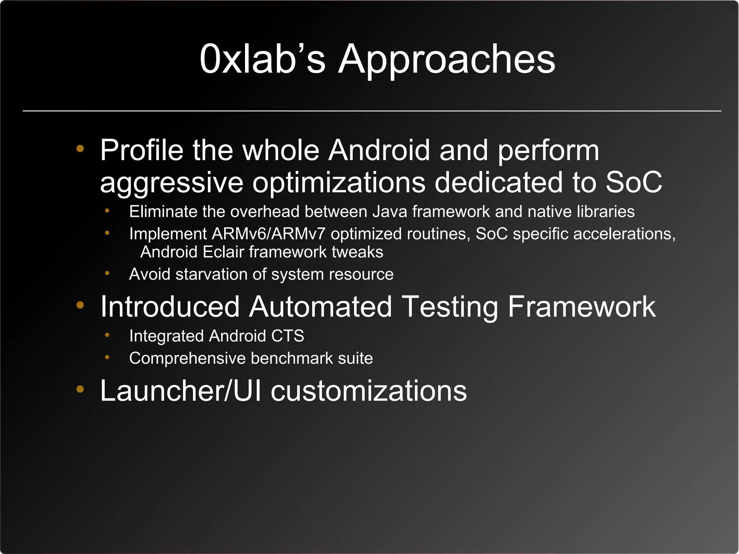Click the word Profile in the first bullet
pos(141,150)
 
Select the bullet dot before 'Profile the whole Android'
pos(80,148)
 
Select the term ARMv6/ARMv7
pos(268,234)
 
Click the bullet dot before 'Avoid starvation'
pos(107,273)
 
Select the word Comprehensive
pos(187,358)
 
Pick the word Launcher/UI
pos(180,391)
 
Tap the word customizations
pos(368,391)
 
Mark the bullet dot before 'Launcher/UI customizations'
pos(80,389)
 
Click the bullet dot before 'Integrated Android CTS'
pos(107,335)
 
